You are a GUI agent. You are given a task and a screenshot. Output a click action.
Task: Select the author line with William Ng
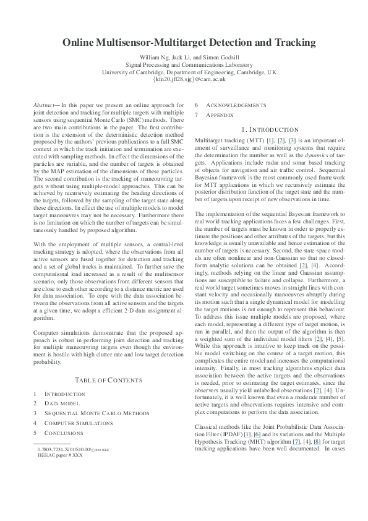(184, 57)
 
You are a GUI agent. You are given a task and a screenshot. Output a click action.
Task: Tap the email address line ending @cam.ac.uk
(184, 79)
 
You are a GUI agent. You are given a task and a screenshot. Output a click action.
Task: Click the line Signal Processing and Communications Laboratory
(184, 64)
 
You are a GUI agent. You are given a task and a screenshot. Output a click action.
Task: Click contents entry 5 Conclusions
(66, 433)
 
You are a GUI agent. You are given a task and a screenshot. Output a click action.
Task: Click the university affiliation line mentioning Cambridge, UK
(184, 72)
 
